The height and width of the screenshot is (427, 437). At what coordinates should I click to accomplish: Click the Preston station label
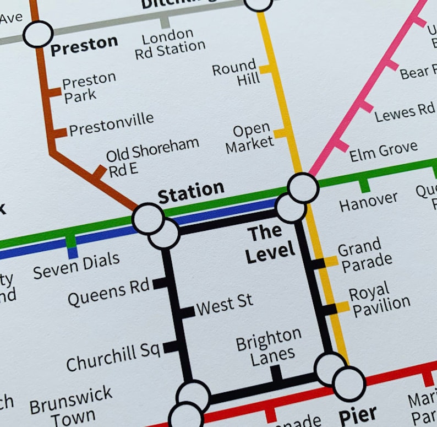84,45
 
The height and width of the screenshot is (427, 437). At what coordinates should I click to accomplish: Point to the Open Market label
250,138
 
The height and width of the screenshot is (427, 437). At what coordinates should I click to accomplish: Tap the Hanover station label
368,202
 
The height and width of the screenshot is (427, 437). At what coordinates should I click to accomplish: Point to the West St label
225,305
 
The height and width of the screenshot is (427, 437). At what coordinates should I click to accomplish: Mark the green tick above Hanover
364,185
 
